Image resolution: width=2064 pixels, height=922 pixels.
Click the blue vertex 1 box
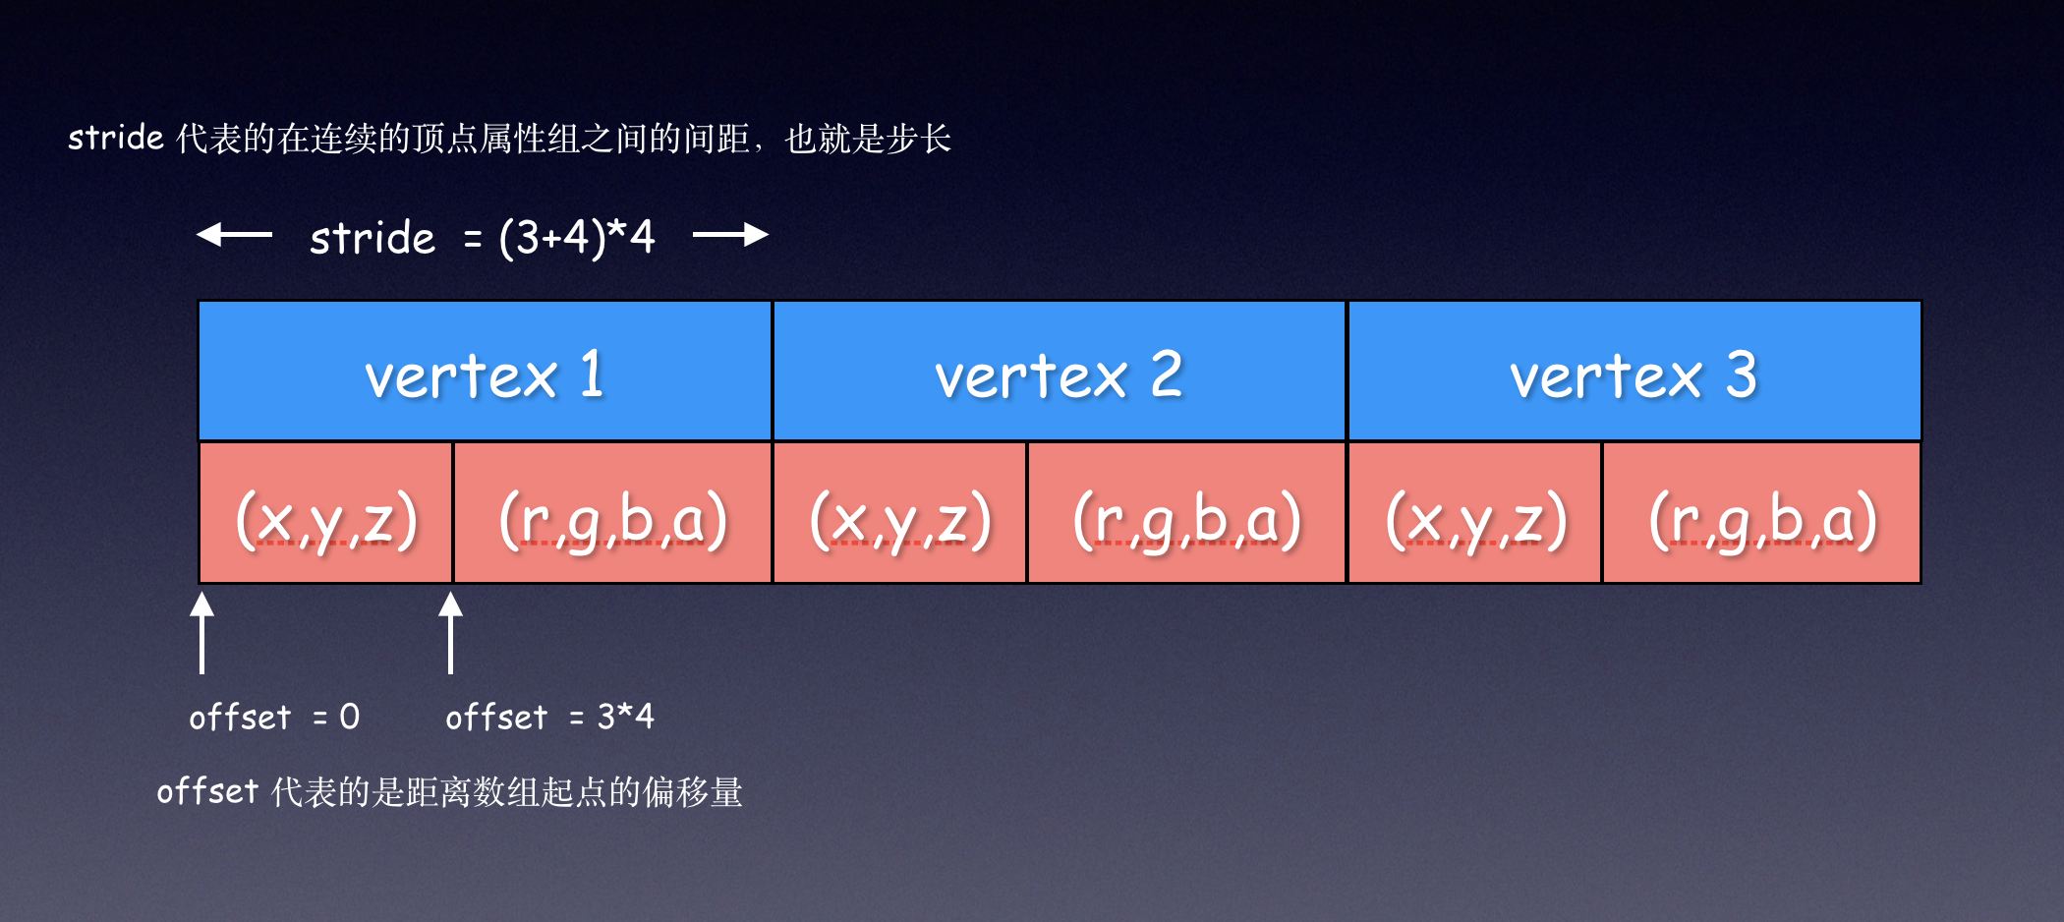click(486, 371)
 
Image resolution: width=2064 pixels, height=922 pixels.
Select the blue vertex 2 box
click(1060, 371)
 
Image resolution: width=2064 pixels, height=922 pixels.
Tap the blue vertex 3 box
click(1634, 371)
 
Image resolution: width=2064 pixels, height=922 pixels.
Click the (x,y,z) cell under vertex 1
click(326, 513)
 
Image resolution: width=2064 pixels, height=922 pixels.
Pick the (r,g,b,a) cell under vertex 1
click(613, 513)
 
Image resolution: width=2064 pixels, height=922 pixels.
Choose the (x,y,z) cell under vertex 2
click(900, 513)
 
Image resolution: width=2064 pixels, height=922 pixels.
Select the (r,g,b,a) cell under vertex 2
click(1187, 513)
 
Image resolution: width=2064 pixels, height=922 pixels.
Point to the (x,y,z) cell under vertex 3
click(1475, 513)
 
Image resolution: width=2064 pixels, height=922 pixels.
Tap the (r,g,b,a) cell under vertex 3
click(1762, 513)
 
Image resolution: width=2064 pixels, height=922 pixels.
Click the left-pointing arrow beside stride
click(234, 234)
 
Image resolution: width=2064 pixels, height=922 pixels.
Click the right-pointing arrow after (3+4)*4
click(730, 234)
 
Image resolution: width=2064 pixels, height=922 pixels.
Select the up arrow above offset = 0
click(202, 632)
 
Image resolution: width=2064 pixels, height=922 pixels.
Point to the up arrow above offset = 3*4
click(451, 632)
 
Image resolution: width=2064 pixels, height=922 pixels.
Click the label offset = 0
click(274, 717)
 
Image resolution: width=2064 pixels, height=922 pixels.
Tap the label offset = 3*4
click(549, 717)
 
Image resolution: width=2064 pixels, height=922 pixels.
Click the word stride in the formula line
click(373, 237)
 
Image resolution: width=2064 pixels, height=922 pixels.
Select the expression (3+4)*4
click(577, 238)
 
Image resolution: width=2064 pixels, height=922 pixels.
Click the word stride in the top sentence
click(116, 137)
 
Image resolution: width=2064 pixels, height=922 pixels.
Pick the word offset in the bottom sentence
click(207, 790)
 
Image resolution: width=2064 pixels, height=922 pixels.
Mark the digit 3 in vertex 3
click(1742, 375)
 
